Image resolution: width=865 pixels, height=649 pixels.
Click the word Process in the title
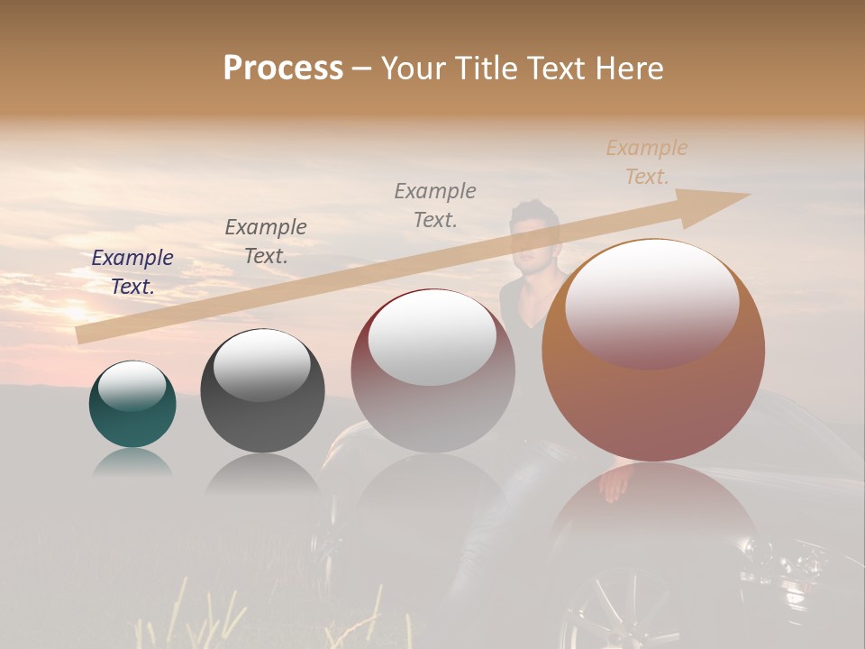coord(283,69)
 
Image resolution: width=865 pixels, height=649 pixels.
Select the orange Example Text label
coord(647,162)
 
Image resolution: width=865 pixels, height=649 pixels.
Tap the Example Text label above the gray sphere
coord(266,242)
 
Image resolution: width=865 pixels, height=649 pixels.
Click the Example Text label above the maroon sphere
coord(435,206)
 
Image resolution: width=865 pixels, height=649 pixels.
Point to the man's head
coord(533,231)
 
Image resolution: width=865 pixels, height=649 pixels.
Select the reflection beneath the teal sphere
coord(132,462)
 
